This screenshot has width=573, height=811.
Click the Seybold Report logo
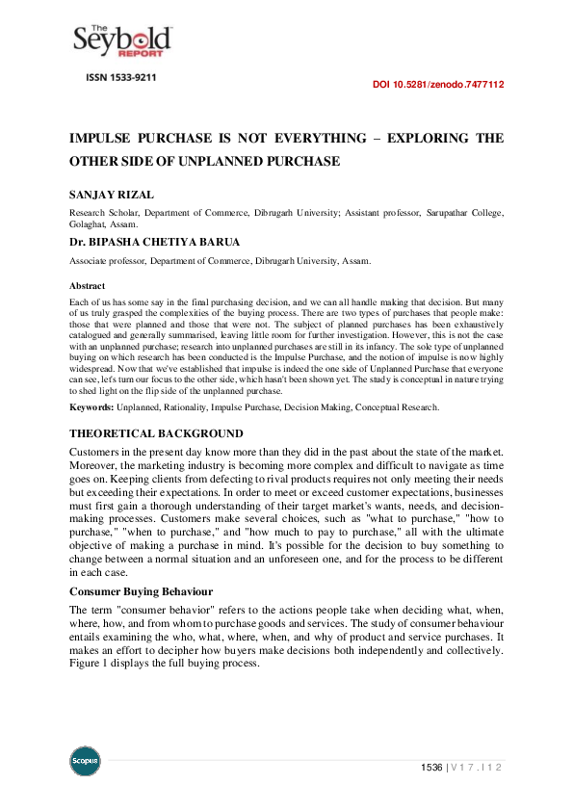tap(122, 40)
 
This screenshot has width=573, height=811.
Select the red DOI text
tap(437, 85)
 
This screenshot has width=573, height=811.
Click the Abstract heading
tap(87, 286)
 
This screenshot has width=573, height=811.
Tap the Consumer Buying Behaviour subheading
tap(141, 590)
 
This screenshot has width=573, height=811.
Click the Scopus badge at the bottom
tap(85, 762)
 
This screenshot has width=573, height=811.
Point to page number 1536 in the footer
tap(430, 768)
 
